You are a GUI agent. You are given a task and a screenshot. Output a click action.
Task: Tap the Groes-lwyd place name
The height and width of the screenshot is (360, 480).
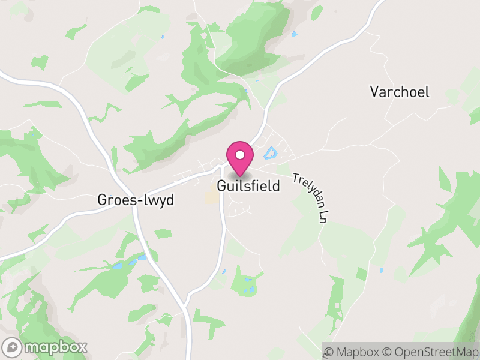pos(136,200)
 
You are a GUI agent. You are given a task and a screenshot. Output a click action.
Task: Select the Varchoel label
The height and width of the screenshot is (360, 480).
pos(400,92)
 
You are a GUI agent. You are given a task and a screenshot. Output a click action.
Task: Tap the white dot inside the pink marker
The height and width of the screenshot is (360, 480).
pos(240,155)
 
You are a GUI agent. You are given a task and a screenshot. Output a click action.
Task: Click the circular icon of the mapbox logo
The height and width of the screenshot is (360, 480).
pos(13,347)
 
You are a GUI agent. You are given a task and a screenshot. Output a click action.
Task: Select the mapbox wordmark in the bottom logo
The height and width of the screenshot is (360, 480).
pos(55,347)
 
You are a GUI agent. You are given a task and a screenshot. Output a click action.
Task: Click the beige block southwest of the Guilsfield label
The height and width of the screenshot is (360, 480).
pos(212,197)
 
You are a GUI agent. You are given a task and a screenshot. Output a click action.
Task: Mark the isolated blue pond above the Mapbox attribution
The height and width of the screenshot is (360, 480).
pos(381,270)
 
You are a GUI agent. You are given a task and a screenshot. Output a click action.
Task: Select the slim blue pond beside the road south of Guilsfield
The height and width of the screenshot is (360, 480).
pos(224,271)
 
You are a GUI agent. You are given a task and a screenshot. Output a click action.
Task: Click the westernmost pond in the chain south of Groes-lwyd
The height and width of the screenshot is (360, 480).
pos(118,265)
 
